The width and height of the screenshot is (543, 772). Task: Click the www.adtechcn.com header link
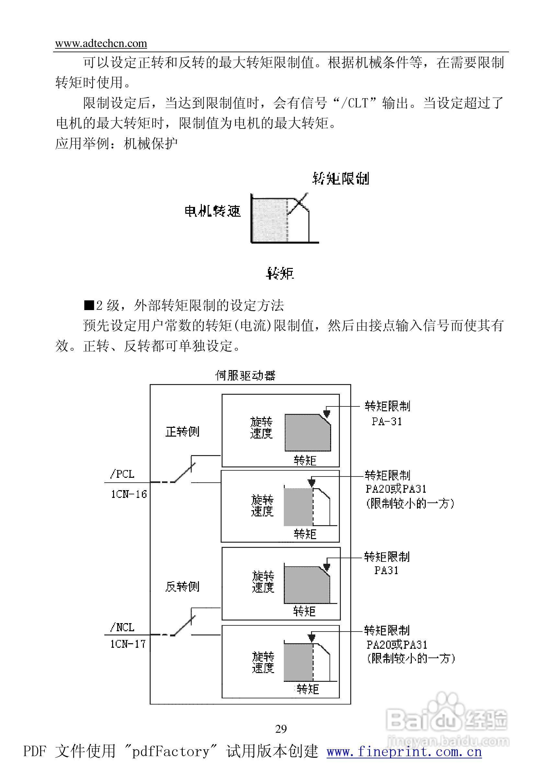[101, 43]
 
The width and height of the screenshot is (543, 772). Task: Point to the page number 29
[281, 729]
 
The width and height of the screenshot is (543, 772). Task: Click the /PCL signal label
[122, 474]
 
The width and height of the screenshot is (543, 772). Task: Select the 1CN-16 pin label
[129, 494]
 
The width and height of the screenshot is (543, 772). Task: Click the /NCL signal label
[122, 627]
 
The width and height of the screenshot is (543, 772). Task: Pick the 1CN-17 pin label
[128, 644]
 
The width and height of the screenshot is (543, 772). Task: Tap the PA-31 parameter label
[387, 421]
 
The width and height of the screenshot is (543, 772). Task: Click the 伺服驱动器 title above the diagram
[246, 375]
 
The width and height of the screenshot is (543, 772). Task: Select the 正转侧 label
[183, 431]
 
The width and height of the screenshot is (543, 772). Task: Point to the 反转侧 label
[183, 587]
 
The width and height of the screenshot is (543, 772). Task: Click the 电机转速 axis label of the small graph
[213, 211]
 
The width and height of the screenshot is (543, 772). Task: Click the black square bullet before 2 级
[89, 305]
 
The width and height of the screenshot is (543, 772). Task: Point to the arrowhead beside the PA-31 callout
[326, 413]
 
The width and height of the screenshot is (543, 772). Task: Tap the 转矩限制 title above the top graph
[341, 178]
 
